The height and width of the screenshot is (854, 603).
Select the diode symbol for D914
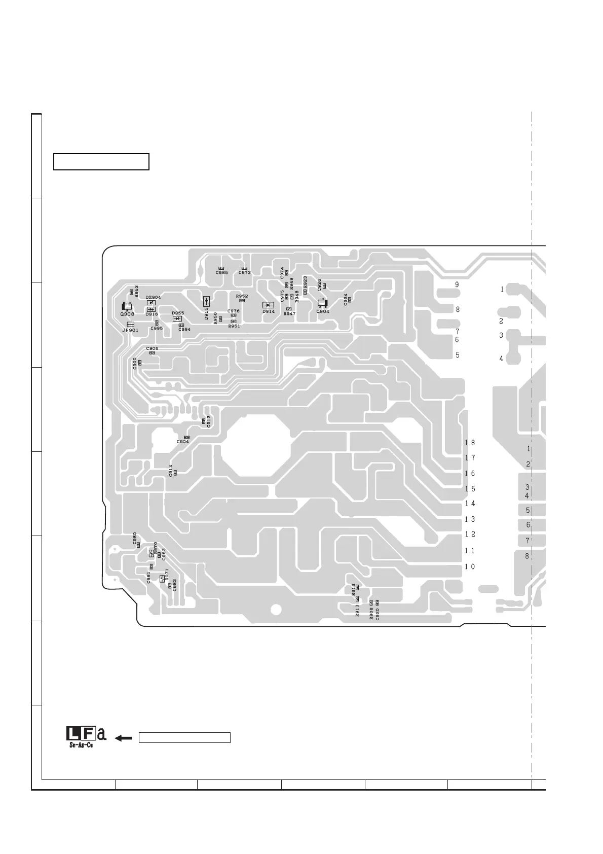[x=268, y=305]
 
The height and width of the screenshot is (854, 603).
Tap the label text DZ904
[x=153, y=298]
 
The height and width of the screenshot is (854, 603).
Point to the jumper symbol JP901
[x=130, y=325]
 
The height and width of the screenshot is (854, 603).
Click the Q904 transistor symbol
[x=322, y=304]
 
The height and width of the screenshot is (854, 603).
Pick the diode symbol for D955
[x=177, y=319]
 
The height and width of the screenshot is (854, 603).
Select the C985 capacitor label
[x=221, y=273]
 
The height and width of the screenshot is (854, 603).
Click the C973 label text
[x=244, y=273]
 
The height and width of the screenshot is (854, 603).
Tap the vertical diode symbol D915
[x=207, y=301]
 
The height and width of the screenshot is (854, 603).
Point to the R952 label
[x=242, y=296]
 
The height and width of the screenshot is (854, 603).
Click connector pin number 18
[x=470, y=443]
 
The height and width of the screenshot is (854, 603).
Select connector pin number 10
[x=470, y=567]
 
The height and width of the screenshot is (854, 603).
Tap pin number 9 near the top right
[x=457, y=285]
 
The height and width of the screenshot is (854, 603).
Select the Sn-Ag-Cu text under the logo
[x=81, y=745]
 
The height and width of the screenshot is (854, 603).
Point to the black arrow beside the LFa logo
[x=123, y=738]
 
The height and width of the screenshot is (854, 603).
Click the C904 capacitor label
[x=182, y=442]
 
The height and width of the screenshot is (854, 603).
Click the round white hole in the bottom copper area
[x=276, y=609]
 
